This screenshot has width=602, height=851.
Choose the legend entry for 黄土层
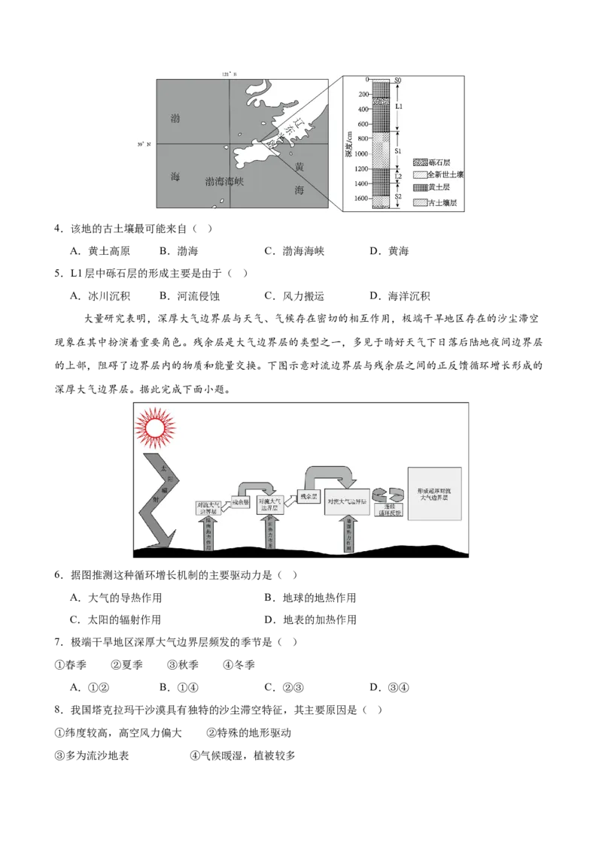click(x=434, y=188)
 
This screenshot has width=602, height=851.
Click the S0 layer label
click(x=399, y=80)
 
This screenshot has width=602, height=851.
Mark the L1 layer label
click(x=400, y=106)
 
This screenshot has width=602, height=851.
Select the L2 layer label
click(x=399, y=177)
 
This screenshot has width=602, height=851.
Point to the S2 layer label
click(x=399, y=196)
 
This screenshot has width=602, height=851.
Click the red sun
click(x=155, y=427)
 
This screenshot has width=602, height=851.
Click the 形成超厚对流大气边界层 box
click(x=434, y=493)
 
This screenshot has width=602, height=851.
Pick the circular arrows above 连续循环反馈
click(x=388, y=492)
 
